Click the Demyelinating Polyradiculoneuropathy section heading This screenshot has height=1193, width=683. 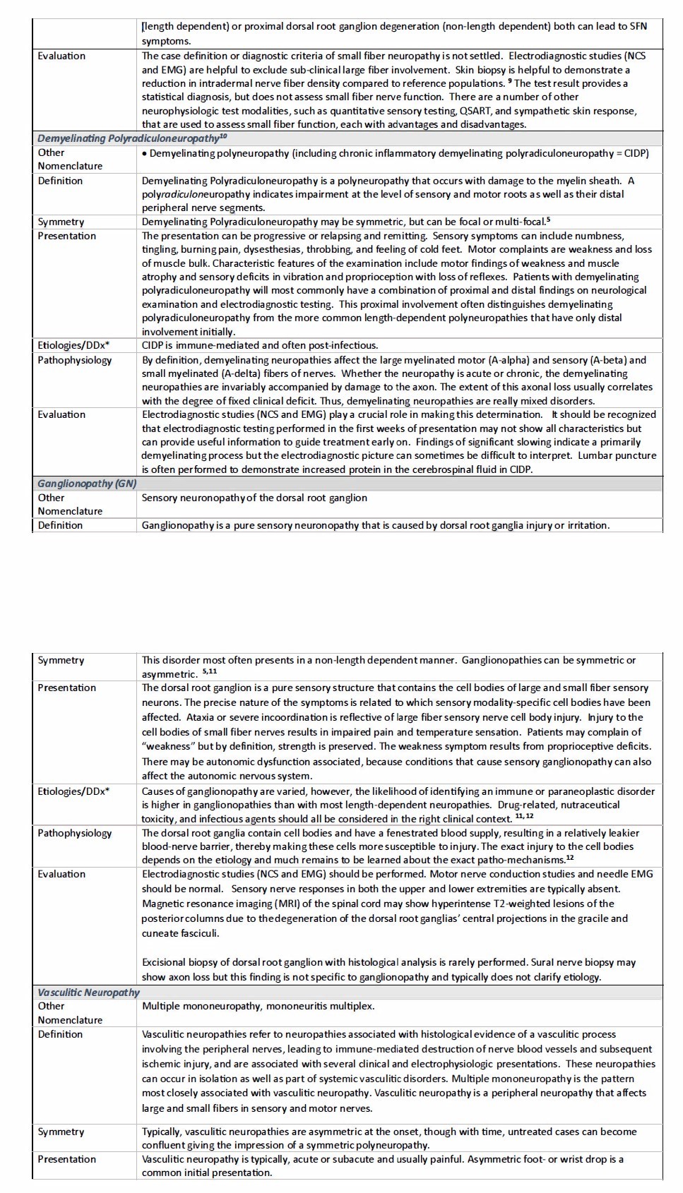click(x=132, y=138)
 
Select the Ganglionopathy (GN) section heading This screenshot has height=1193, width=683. click(x=87, y=484)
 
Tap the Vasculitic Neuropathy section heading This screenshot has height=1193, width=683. click(x=88, y=993)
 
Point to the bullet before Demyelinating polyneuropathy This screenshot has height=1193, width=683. click(x=145, y=153)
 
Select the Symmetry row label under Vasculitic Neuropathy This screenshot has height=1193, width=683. click(x=61, y=1132)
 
